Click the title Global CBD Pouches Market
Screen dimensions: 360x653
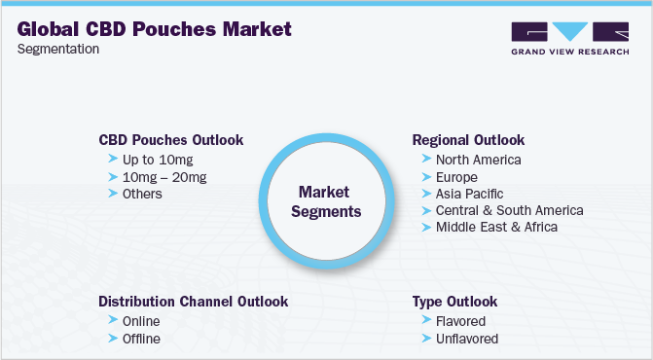point(154,29)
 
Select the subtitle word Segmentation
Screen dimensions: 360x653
point(57,50)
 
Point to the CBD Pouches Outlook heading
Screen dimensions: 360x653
point(171,140)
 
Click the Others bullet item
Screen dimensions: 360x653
point(142,194)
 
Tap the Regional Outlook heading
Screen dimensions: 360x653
point(468,140)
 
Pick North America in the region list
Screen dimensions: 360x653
point(478,160)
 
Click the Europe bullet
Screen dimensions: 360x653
point(456,177)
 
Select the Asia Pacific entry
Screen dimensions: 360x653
point(469,194)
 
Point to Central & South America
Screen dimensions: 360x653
point(509,210)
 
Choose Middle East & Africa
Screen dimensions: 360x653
point(497,227)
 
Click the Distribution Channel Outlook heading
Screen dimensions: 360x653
point(193,302)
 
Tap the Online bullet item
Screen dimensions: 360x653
point(141,321)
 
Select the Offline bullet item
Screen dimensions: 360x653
point(141,339)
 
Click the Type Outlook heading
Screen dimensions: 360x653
point(454,302)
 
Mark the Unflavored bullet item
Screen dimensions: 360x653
point(466,339)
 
